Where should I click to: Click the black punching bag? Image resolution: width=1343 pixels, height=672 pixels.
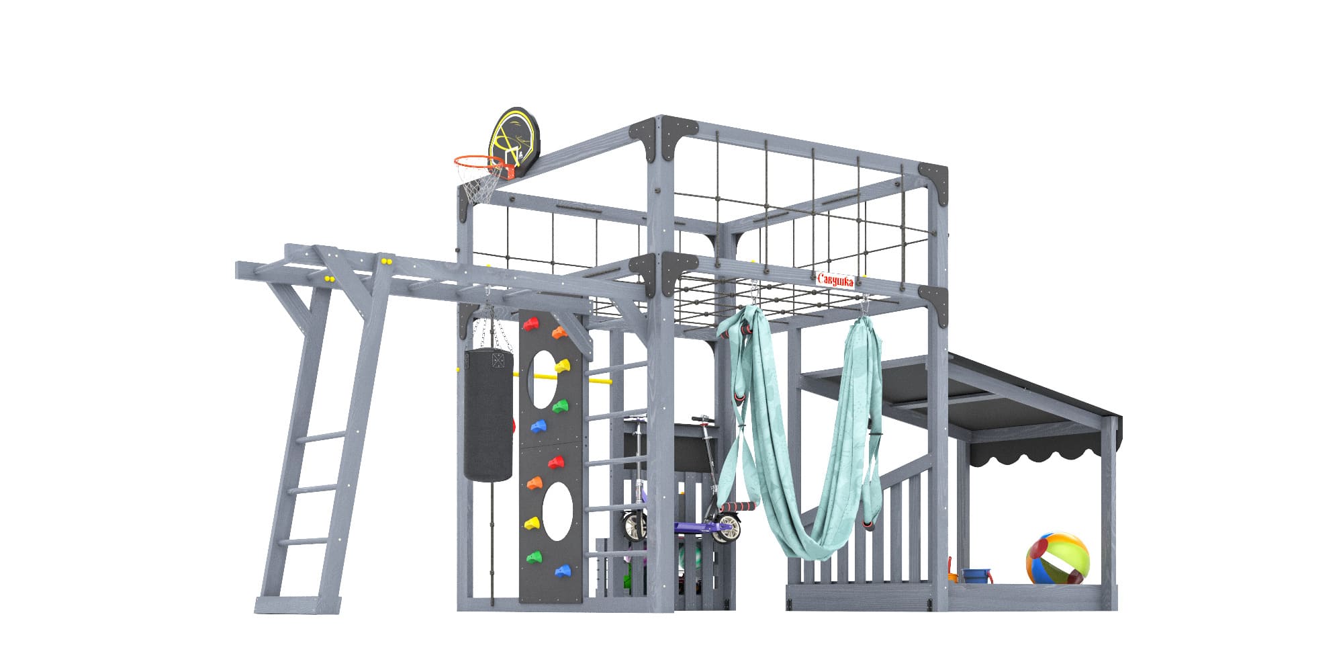pos(488,415)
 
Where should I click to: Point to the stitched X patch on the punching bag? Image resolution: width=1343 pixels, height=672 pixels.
pos(498,360)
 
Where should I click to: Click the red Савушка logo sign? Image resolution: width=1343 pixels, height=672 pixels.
pos(835,280)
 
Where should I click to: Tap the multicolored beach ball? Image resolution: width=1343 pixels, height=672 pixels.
pos(1058,558)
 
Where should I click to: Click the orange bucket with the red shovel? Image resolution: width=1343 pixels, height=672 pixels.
pos(952,573)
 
